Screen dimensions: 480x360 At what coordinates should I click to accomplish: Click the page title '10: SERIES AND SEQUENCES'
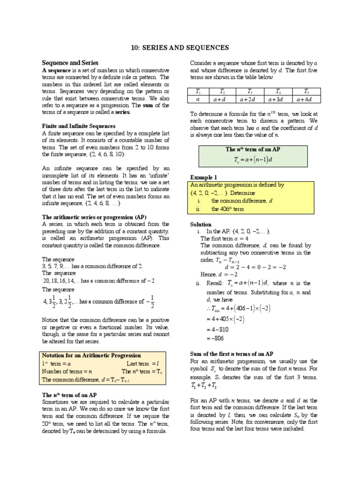(x=180, y=47)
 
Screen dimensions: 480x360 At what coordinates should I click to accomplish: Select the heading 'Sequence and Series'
(x=70, y=62)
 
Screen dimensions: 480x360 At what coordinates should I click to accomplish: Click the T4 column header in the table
(x=278, y=91)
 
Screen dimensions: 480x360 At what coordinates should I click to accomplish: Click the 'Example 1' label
(x=203, y=177)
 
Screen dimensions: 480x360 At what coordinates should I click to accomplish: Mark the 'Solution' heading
(x=201, y=225)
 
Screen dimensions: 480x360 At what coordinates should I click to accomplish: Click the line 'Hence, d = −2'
(x=216, y=274)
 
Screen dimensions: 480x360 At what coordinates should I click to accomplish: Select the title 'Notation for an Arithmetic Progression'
(x=91, y=355)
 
